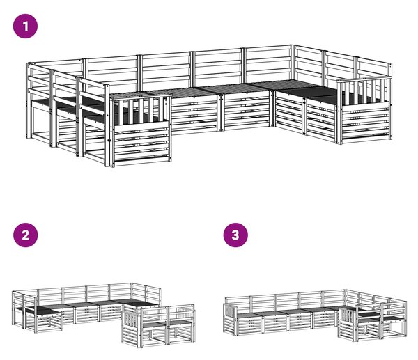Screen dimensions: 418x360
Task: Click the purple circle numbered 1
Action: (25, 26)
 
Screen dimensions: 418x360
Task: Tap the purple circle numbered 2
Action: (25, 235)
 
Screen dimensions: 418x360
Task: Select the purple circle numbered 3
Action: (235, 235)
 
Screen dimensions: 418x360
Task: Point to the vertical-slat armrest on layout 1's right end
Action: (364, 91)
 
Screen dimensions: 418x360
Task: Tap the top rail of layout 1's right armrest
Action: (364, 79)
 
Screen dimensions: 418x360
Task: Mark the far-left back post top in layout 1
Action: (28, 64)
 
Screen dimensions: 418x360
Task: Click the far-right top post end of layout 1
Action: (391, 65)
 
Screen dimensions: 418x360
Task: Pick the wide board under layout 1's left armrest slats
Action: (141, 125)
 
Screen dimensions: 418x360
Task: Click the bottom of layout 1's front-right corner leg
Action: (340, 143)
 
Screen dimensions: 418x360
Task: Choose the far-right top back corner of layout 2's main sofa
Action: (160, 289)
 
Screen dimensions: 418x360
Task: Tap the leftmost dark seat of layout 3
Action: (247, 315)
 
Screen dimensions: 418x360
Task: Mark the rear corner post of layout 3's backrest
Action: (346, 299)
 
